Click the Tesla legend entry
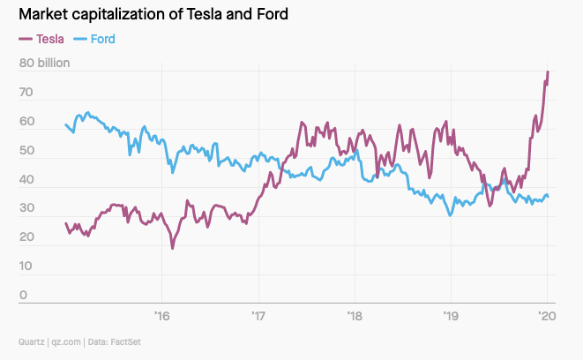(x=41, y=39)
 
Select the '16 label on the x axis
(x=161, y=316)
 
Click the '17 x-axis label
(x=258, y=316)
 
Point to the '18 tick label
(x=355, y=316)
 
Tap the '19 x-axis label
(x=451, y=316)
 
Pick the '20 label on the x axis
(x=547, y=316)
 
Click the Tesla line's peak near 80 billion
(x=548, y=72)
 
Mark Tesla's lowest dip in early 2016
(x=172, y=248)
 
